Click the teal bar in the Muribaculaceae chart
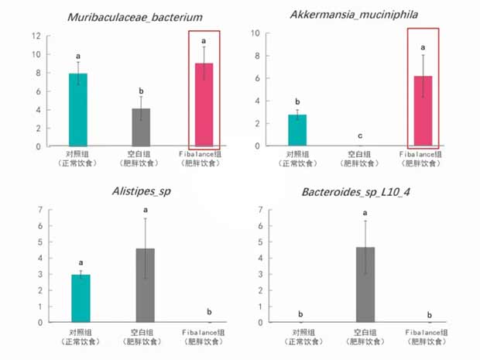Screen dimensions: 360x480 (79, 109)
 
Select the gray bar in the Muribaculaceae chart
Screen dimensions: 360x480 (140, 127)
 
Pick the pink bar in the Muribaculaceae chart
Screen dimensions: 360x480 (204, 105)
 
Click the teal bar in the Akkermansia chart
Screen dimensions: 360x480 (297, 130)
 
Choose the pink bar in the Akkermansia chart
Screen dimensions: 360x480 (423, 111)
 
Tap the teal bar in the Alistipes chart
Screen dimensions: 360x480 (79, 298)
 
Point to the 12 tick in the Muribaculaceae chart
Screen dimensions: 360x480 (36, 36)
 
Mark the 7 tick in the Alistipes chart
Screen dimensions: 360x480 (40, 210)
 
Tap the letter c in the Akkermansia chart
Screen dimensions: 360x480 (360, 135)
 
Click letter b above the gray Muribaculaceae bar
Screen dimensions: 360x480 (140, 91)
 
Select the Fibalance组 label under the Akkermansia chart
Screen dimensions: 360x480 (423, 154)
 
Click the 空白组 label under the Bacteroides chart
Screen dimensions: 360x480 (365, 331)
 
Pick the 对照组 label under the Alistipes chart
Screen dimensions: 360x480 (79, 331)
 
